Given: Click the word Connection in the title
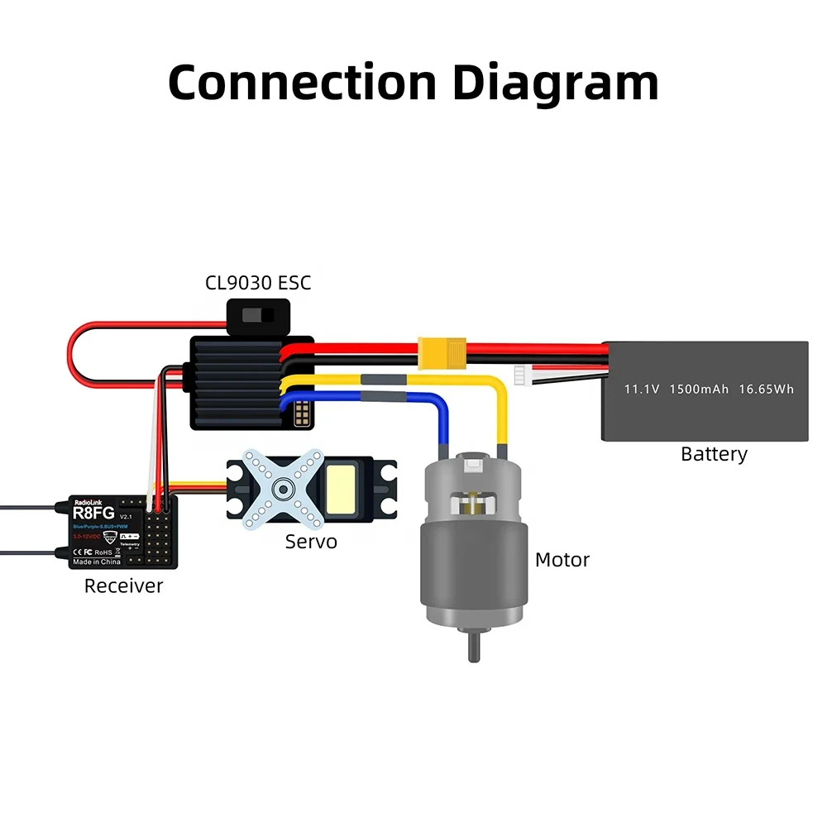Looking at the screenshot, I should [x=302, y=83].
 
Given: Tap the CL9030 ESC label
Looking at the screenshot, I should [x=258, y=283].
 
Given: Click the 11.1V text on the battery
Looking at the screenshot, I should [x=641, y=388].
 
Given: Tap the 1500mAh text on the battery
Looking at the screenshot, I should [x=699, y=388].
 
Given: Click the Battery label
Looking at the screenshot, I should [x=714, y=454].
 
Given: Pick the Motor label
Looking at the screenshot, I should [x=562, y=560].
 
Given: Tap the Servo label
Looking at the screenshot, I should [x=311, y=542].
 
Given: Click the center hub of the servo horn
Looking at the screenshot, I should [x=282, y=490].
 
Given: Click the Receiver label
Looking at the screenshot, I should [x=124, y=586].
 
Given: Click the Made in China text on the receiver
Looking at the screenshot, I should [x=97, y=562].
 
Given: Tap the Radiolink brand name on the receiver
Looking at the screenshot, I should [x=90, y=502].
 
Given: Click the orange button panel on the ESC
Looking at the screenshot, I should [x=302, y=410].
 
